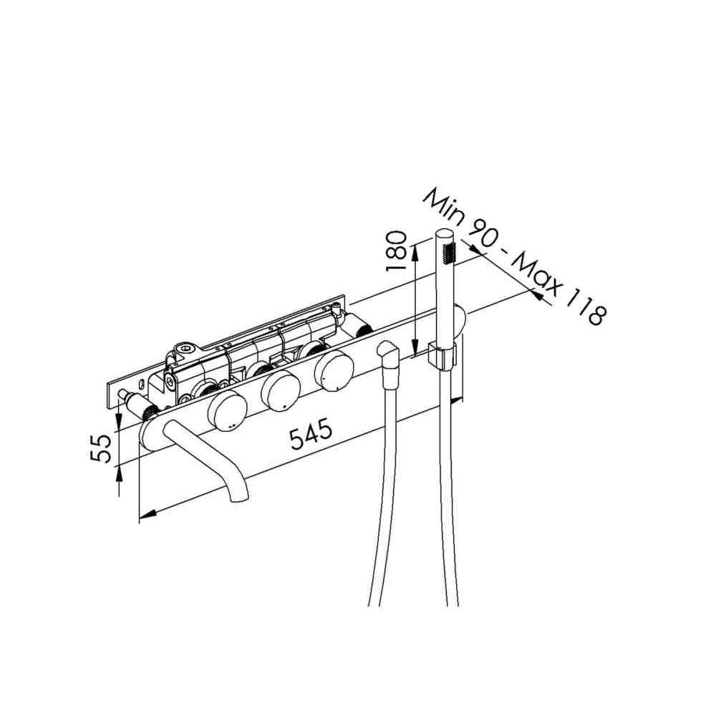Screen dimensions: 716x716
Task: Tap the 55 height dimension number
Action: point(100,448)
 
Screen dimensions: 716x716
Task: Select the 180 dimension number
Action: point(396,251)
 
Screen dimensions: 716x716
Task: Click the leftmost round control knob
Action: point(227,410)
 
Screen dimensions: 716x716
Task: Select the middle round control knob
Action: point(280,390)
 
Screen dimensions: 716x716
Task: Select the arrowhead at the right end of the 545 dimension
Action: point(457,400)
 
